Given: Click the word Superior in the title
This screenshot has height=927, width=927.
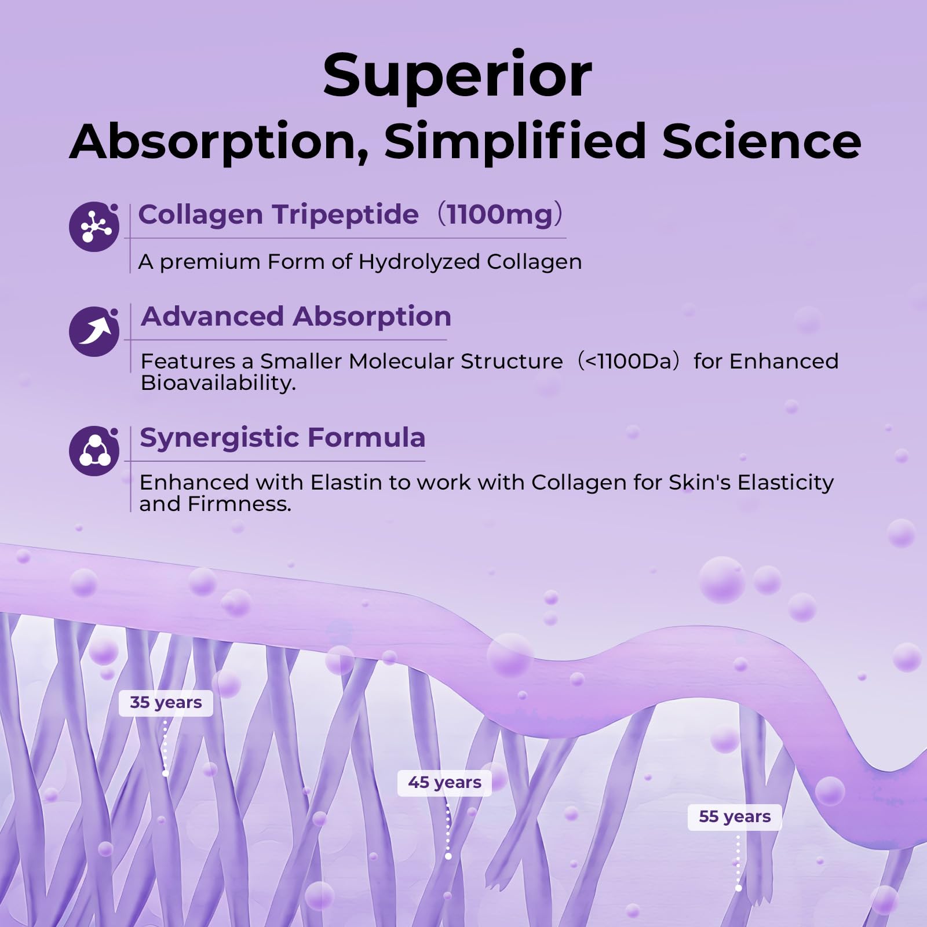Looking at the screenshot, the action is [x=458, y=76].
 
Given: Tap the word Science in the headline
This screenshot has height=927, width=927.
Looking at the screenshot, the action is [x=762, y=141].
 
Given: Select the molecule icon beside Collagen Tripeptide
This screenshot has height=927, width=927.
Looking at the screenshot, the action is [x=94, y=227].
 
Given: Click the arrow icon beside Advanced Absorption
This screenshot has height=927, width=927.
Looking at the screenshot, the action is [x=94, y=331].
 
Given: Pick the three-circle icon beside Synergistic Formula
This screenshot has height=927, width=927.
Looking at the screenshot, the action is [x=94, y=451].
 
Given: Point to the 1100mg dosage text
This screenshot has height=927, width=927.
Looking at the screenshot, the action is [x=499, y=214].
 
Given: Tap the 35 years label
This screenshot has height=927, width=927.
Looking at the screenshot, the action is [x=166, y=703].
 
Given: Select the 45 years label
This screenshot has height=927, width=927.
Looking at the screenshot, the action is [x=444, y=783].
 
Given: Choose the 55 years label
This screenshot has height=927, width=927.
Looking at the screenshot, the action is [x=735, y=817].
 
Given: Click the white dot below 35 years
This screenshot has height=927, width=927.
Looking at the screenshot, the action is [x=166, y=773].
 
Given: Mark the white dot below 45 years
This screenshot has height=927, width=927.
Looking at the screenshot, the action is [x=448, y=856].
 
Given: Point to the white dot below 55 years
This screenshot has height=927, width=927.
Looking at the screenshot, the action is [x=738, y=888].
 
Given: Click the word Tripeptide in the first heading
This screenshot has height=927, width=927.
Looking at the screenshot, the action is [x=346, y=215].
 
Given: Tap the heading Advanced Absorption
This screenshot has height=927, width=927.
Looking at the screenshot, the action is [x=296, y=317].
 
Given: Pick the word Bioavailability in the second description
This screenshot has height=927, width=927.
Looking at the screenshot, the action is [x=218, y=383].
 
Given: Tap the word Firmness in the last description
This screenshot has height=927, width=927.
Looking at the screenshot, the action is [x=239, y=504].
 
